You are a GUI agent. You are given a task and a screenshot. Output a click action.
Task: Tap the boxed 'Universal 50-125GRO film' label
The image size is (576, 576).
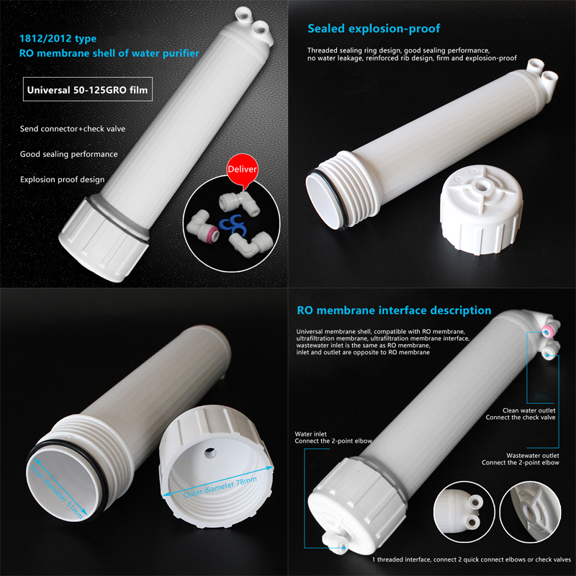coord(87,89)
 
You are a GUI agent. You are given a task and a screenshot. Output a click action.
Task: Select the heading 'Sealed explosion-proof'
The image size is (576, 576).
coord(374,29)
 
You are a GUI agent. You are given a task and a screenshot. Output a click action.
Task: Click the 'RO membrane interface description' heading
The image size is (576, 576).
coord(394,310)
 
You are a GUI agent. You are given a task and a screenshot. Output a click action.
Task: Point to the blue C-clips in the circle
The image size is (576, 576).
coord(231,225)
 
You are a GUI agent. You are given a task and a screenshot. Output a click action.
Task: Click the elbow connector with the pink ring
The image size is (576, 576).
coord(202,226)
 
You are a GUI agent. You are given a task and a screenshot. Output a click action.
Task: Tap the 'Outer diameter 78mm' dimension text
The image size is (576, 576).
coord(220,487)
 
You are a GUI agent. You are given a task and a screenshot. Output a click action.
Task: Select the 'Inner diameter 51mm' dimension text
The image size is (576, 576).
coord(56,492)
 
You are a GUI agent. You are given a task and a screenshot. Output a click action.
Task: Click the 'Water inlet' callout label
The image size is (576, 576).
coord(310,434)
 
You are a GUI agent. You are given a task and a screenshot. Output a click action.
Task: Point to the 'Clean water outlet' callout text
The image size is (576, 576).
coord(528,410)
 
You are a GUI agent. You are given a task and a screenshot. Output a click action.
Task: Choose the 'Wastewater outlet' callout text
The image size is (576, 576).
coord(532,456)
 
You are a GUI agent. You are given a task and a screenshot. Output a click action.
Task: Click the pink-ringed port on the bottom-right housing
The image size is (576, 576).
coord(548,332)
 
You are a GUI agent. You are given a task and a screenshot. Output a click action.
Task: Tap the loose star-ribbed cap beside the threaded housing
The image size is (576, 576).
coord(481,209)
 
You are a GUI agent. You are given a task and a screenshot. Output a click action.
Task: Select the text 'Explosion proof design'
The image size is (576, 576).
coord(62,179)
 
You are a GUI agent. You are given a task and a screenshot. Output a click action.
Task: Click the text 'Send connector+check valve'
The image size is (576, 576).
coord(73,129)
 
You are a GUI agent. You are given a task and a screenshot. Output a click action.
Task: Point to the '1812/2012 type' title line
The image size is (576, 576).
coord(58,39)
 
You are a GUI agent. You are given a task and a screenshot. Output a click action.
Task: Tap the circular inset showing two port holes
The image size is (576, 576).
coord(464,511)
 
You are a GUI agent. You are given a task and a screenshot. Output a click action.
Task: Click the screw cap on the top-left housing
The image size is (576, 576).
coord(104,240)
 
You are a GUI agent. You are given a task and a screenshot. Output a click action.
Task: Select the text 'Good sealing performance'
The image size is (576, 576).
coord(68,154)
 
